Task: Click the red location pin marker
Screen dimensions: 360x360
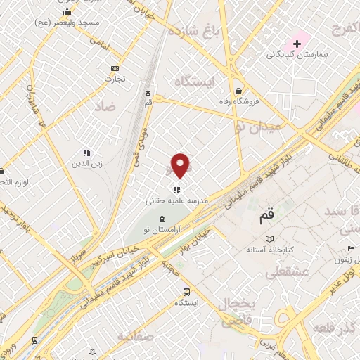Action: click(x=181, y=165)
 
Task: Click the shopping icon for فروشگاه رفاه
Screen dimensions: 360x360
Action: click(x=240, y=91)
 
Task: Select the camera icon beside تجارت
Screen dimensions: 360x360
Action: click(x=115, y=68)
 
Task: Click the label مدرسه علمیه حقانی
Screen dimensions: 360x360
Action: click(x=176, y=200)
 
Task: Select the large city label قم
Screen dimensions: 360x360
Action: click(x=264, y=217)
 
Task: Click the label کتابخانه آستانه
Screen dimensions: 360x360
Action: click(x=269, y=250)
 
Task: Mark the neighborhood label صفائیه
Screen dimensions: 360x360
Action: click(x=136, y=337)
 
